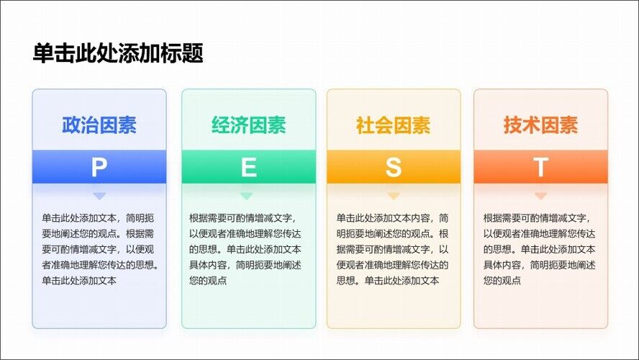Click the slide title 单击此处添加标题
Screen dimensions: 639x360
(118, 53)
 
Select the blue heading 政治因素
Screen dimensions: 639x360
(99, 125)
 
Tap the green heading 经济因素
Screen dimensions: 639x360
(248, 125)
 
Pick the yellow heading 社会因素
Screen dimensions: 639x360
(394, 125)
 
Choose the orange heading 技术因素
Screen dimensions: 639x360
(540, 125)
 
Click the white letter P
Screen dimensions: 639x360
(99, 167)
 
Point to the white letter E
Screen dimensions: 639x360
(249, 167)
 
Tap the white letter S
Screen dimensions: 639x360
(394, 167)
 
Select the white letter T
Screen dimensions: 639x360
(541, 167)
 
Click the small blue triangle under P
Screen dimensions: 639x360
(99, 196)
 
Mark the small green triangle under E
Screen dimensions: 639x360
(247, 196)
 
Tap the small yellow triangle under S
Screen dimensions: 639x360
(394, 196)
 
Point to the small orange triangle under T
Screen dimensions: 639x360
(540, 196)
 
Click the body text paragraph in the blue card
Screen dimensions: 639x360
(100, 249)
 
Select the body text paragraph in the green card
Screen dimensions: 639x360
(245, 249)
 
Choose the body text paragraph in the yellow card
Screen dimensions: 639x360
(392, 249)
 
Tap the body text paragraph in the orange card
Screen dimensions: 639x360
(540, 249)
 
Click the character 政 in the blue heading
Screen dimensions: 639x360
(71, 125)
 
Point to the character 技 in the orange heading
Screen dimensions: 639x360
(512, 125)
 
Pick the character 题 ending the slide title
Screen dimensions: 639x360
(193, 53)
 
